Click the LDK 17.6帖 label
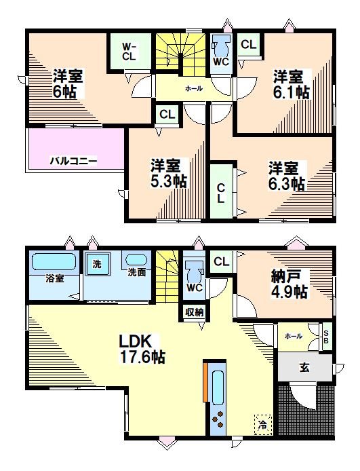(x=141, y=347)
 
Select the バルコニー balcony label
(x=73, y=161)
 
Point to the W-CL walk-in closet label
(x=129, y=51)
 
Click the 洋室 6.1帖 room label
(x=292, y=84)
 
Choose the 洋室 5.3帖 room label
(x=168, y=173)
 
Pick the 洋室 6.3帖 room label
(x=285, y=175)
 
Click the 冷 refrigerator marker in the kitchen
(x=262, y=424)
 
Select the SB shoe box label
(x=326, y=337)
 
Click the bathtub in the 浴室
(x=53, y=262)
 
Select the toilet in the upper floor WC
(x=220, y=48)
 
